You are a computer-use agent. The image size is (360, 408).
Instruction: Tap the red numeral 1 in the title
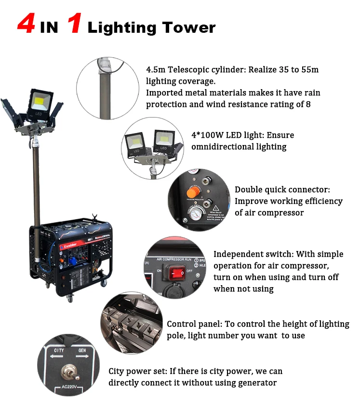[74, 25]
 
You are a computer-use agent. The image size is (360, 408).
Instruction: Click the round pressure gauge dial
[195, 214]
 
